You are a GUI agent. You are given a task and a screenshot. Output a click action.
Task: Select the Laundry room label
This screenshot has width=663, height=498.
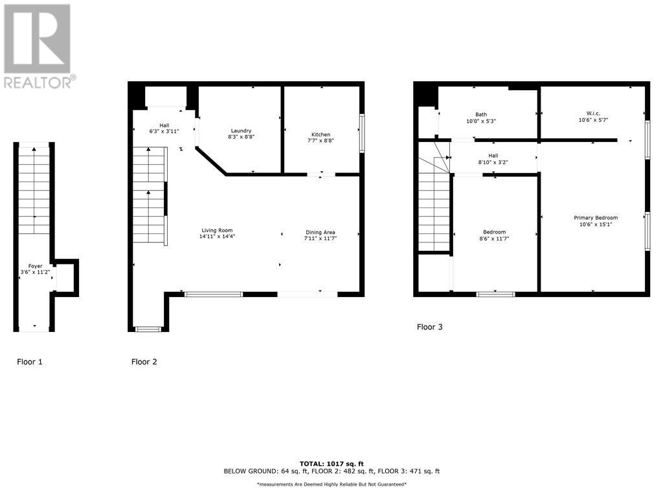pos(240,130)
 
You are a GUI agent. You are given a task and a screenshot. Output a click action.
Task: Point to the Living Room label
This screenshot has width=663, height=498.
pos(216,230)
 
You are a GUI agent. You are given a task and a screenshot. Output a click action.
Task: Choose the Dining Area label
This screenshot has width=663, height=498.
pos(320,232)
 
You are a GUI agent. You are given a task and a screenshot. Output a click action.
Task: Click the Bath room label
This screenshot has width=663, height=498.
pos(481,115)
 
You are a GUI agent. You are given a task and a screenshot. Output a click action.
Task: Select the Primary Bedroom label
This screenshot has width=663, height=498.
pos(596,218)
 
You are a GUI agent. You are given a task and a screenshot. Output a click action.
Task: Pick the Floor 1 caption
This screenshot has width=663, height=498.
pos(30,362)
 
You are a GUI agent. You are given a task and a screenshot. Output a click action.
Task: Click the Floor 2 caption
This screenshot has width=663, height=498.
pos(144,362)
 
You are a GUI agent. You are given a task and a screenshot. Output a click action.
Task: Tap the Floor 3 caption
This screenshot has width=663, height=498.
pos(429,327)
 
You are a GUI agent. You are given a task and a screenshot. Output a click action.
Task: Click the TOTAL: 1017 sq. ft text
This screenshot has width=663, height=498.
pos(331,464)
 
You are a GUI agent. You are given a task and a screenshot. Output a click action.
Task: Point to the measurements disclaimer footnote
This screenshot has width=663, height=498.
pos(331,484)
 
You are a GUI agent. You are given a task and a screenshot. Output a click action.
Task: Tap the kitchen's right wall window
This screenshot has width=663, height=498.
pos(362,134)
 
